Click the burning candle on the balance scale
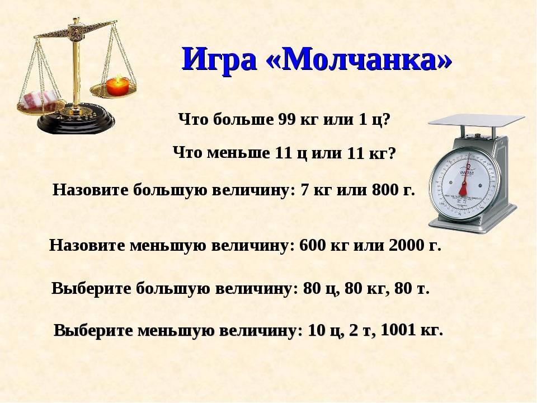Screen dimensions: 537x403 point(117,85)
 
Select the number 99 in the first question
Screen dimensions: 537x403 point(286,120)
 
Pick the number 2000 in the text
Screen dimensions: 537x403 point(404,245)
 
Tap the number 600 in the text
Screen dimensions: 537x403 point(312,245)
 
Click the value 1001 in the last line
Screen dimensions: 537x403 point(397,330)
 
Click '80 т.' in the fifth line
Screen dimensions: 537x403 point(412,289)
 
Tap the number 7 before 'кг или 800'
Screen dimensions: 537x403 point(304,190)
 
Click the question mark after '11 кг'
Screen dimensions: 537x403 point(392,153)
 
